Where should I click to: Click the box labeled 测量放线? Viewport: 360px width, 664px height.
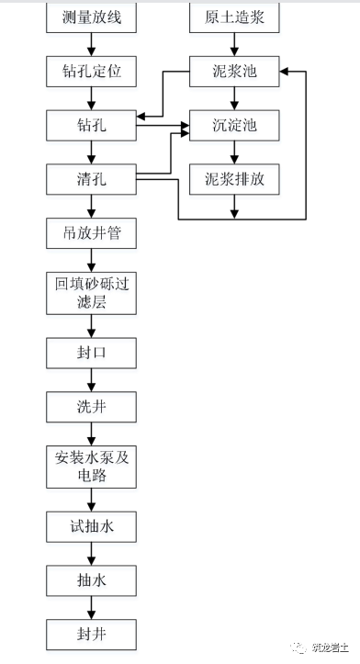pyautogui.click(x=91, y=17)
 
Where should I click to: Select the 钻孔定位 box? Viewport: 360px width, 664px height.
pyautogui.click(x=91, y=72)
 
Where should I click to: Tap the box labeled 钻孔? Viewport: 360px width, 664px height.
pyautogui.click(x=91, y=125)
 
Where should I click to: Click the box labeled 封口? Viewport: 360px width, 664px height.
pyautogui.click(x=91, y=353)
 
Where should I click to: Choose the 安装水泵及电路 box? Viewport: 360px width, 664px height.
pyautogui.click(x=91, y=467)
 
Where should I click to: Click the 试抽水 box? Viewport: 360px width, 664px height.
pyautogui.click(x=91, y=526)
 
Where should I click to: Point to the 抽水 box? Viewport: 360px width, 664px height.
pyautogui.click(x=91, y=580)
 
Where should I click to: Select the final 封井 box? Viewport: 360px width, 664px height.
pyautogui.click(x=91, y=634)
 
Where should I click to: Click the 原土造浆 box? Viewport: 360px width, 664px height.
pyautogui.click(x=234, y=17)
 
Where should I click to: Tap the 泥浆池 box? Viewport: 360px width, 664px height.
pyautogui.click(x=234, y=72)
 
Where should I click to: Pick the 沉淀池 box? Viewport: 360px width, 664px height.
pyautogui.click(x=234, y=125)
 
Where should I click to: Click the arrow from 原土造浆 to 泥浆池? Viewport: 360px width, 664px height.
pyautogui.click(x=234, y=44)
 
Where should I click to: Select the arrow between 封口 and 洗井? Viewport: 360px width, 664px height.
pyautogui.click(x=91, y=379)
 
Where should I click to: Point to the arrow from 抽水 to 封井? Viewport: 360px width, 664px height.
pyautogui.click(x=91, y=607)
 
